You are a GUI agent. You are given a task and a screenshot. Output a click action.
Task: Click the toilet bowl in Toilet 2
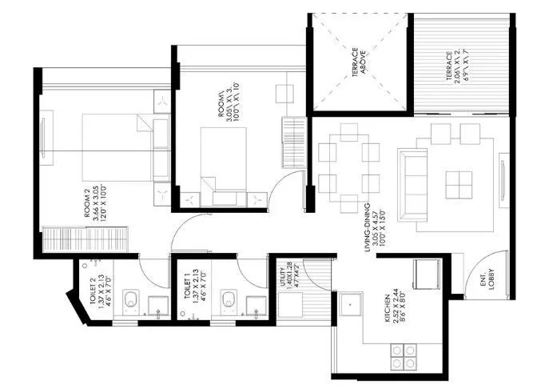point(129,302)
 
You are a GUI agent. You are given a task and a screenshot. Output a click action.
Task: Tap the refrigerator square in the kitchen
point(424,273)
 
